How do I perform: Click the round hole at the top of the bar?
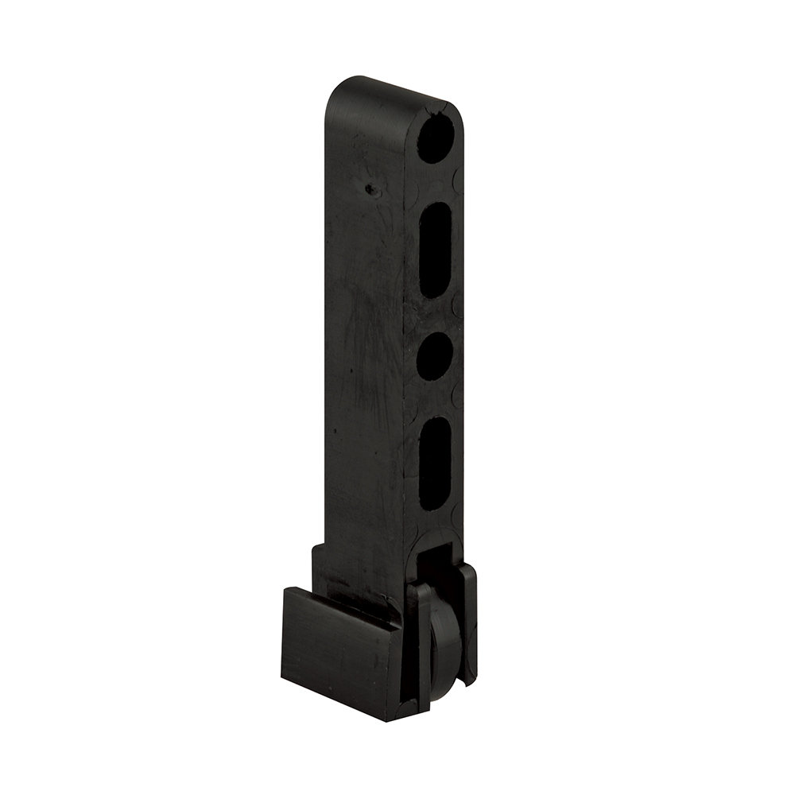(x=436, y=140)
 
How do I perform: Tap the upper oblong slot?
(x=435, y=249)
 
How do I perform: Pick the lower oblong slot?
(x=434, y=463)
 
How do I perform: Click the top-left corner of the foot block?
(x=285, y=590)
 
